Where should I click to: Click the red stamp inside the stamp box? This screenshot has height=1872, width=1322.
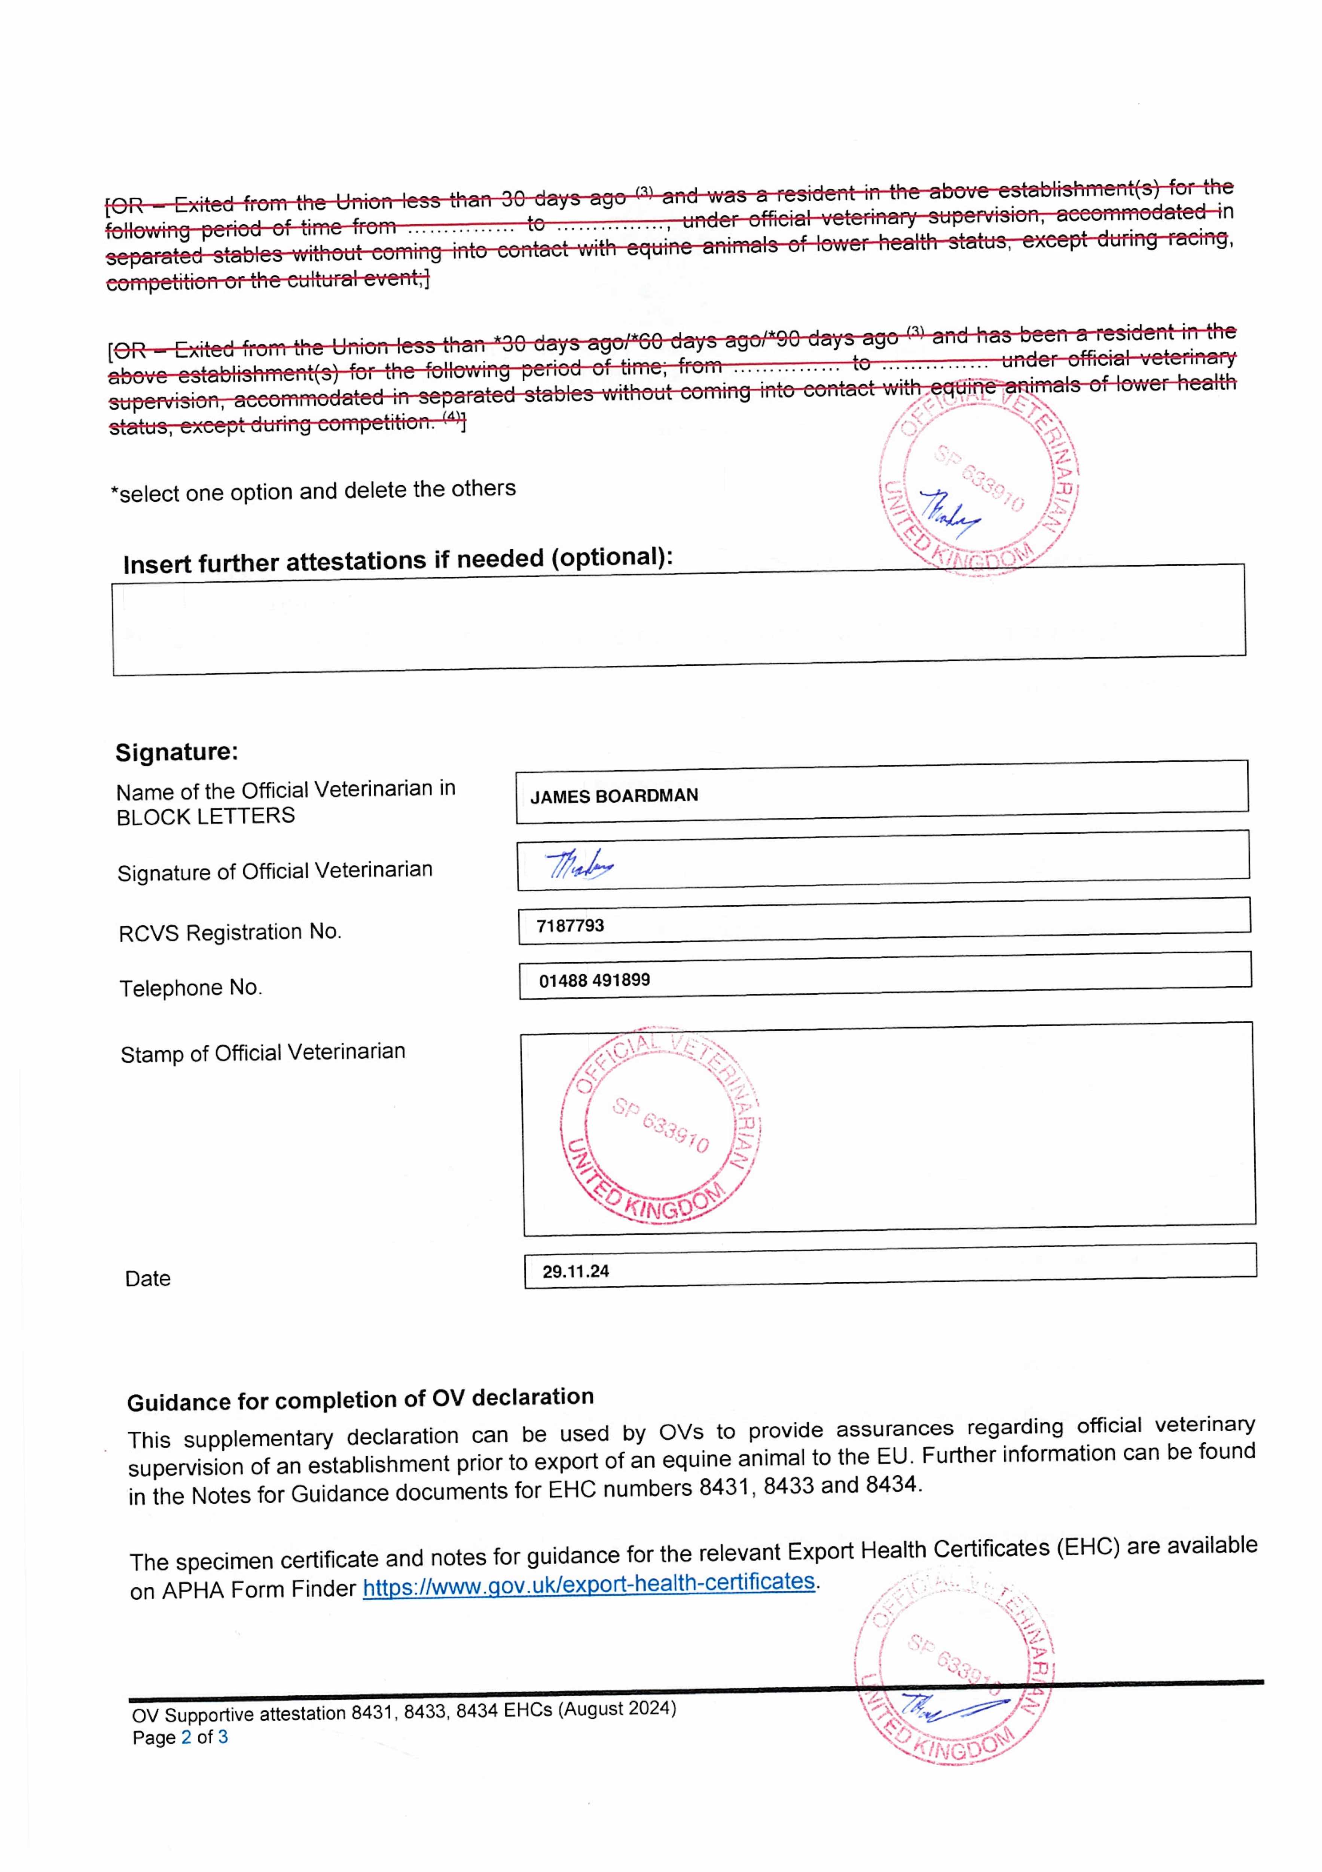tap(660, 1125)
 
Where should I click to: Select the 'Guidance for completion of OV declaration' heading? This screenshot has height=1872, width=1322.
tap(360, 1399)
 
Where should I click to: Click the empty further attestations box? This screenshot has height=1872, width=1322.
tap(678, 620)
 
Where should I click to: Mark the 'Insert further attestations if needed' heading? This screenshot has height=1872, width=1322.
tap(398, 560)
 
